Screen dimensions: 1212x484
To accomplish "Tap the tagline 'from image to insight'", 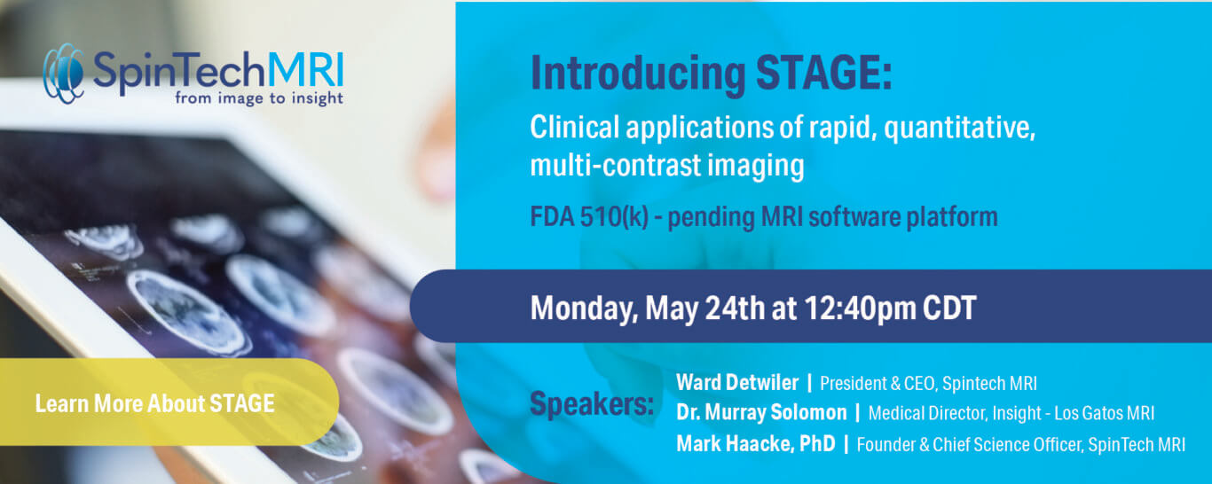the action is pyautogui.click(x=258, y=98).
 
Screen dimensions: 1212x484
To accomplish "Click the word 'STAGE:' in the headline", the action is pyautogui.click(x=823, y=72).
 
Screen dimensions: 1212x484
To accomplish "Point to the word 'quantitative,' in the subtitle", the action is pyautogui.click(x=959, y=129).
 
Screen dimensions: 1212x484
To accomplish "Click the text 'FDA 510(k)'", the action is pyautogui.click(x=589, y=217).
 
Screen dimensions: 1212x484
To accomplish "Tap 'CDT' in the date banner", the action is pyautogui.click(x=949, y=308).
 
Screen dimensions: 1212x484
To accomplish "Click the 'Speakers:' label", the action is pyautogui.click(x=592, y=404).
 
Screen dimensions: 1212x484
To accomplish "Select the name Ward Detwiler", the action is pyautogui.click(x=737, y=382).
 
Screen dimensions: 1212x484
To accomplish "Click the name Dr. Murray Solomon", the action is pyautogui.click(x=761, y=412).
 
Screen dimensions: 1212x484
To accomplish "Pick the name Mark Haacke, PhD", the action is pyautogui.click(x=756, y=443).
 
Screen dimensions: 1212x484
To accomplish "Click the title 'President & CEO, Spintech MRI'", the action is pyautogui.click(x=928, y=384).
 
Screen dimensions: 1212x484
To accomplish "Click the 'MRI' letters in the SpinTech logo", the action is pyautogui.click(x=305, y=70).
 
